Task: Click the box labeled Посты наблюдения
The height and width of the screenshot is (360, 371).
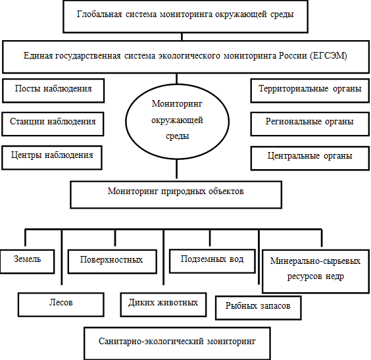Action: [53, 91]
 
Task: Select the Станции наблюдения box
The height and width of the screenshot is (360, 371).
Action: [53, 124]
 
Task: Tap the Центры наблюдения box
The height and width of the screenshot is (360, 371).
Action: [52, 158]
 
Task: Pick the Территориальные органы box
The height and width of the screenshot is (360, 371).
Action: [310, 91]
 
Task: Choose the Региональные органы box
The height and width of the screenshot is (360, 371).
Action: [310, 124]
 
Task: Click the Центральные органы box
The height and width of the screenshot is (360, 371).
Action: [310, 158]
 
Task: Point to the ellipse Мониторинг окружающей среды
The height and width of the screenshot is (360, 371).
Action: [177, 121]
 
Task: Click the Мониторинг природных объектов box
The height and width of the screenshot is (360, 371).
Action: [176, 195]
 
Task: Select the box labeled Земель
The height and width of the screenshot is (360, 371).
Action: [27, 261]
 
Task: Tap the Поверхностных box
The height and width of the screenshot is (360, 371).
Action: [112, 261]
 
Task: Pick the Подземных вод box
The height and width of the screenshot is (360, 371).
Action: [212, 261]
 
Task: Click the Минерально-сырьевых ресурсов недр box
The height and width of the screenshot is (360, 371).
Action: [316, 271]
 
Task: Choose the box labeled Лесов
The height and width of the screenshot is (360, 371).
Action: [61, 305]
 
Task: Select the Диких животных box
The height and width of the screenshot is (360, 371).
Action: [164, 305]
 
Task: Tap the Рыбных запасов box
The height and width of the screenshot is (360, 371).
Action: [259, 308]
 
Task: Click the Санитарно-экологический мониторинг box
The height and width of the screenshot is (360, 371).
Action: [177, 344]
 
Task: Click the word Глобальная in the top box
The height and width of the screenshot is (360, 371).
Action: [99, 14]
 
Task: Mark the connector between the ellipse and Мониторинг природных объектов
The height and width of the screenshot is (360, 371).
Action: [177, 169]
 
